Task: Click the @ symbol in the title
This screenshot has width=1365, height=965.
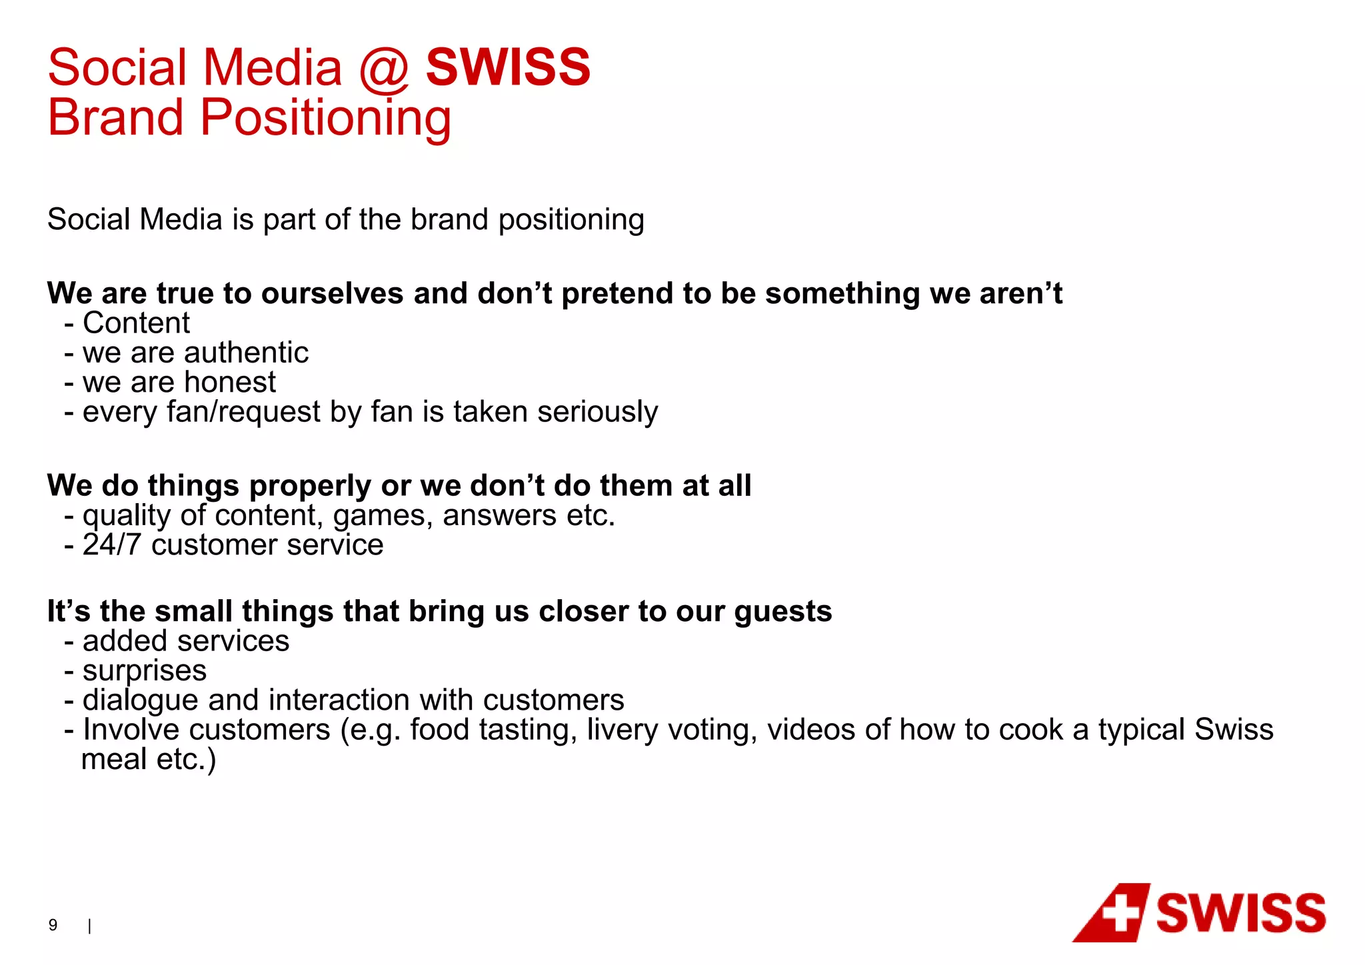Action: [383, 69]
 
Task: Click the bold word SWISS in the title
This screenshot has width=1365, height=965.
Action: [508, 67]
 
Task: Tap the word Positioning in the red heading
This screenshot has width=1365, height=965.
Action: [325, 118]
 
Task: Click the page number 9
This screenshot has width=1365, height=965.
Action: [53, 924]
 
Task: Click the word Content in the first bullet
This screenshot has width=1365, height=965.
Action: [136, 323]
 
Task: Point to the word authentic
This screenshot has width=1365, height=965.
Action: [246, 353]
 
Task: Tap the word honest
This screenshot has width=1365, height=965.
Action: [229, 383]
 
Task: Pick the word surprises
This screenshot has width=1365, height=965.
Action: [144, 670]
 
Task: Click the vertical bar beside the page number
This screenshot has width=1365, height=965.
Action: [89, 926]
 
